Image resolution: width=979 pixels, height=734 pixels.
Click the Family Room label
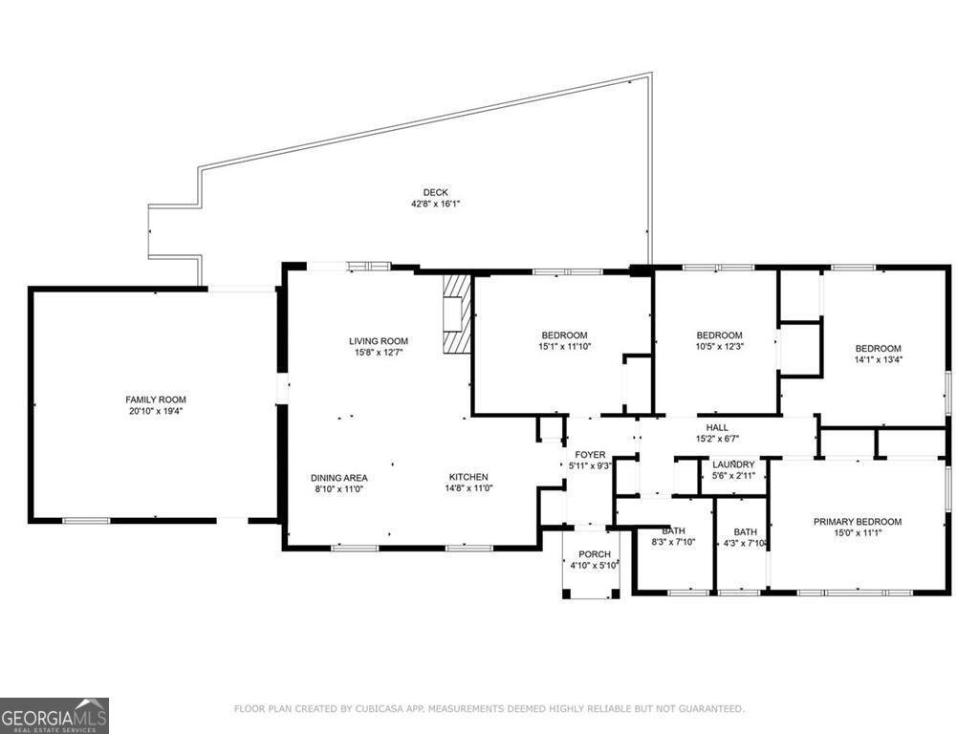point(156,399)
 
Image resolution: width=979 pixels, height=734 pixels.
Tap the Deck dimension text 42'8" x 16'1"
point(435,204)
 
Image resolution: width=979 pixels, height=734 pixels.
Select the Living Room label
point(379,341)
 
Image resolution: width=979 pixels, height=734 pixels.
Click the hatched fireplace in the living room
point(454,313)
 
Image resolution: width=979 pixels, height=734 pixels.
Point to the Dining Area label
point(339,478)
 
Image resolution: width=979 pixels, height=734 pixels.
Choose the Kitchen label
point(468,477)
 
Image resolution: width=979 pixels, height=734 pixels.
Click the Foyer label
point(590,454)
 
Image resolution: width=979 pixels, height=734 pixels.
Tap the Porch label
point(595,554)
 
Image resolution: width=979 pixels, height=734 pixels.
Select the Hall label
point(717,427)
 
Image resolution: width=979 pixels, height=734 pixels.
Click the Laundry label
point(733,464)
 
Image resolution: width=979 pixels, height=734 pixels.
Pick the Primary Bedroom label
point(858,522)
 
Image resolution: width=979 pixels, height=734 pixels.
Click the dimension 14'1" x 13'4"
point(879,359)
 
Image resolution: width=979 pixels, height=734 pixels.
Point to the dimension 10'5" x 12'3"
point(719,346)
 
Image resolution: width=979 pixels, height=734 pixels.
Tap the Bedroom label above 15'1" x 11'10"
point(564,335)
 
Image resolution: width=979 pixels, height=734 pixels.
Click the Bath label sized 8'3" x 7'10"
point(673,531)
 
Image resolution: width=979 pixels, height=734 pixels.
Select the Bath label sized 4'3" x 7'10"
point(745,531)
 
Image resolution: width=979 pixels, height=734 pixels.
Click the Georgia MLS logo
point(54,716)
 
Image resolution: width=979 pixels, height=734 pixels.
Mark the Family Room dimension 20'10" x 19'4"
point(156,411)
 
